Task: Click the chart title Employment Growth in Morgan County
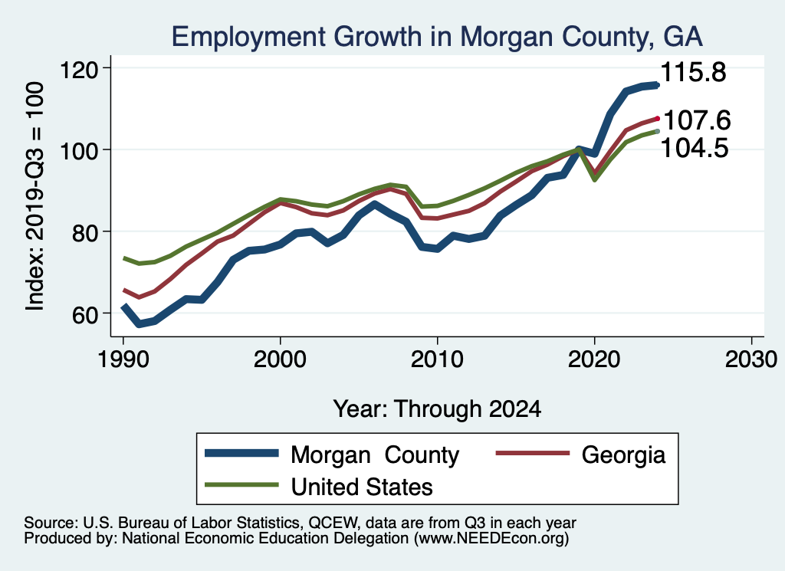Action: pos(437,37)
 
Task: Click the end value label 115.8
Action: pos(693,73)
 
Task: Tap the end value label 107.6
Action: pos(696,120)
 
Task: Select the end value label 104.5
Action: pos(695,147)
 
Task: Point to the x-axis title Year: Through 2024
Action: pos(437,409)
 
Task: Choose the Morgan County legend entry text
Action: pos(375,455)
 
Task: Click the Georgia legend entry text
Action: pos(623,455)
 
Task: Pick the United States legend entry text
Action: pos(362,486)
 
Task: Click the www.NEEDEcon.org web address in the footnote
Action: pos(491,539)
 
